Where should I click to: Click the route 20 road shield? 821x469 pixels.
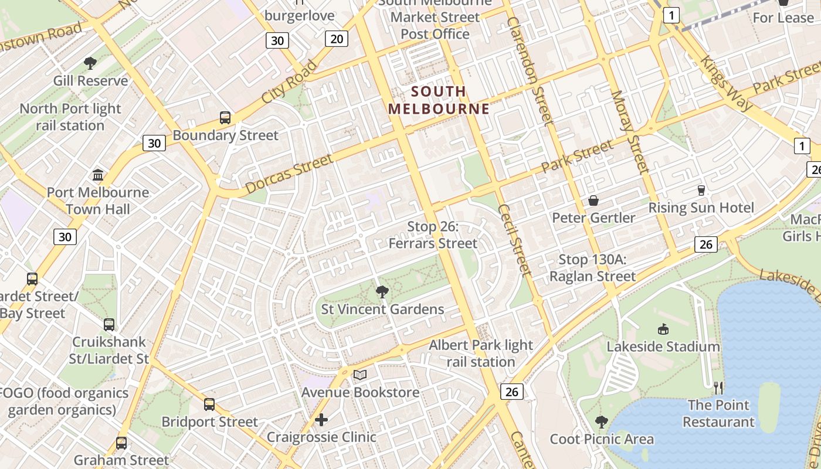(337, 39)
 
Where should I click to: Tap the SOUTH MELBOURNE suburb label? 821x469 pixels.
(439, 100)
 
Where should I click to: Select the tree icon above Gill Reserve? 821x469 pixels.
(90, 63)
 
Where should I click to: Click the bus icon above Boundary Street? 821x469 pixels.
(225, 117)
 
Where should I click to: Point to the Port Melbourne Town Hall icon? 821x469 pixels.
(98, 175)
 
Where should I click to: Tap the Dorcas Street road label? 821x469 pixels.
(289, 174)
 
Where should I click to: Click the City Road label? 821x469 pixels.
(289, 81)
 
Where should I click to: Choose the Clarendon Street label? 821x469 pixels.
(530, 70)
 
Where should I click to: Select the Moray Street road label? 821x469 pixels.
(630, 132)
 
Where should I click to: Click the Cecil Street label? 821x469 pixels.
(514, 240)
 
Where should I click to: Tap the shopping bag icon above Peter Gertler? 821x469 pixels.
(593, 200)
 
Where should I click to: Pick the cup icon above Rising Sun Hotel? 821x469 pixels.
(701, 190)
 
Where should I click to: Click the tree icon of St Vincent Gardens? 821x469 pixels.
(382, 291)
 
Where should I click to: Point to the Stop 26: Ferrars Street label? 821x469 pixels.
(433, 235)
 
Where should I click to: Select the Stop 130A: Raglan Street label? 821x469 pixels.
(592, 268)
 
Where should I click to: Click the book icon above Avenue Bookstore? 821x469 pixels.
(360, 375)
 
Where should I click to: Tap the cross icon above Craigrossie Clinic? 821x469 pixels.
(321, 420)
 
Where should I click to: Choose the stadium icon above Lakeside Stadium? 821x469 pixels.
(663, 329)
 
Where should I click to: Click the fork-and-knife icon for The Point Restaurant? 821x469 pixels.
(718, 388)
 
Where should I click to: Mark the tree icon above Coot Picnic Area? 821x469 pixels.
(601, 422)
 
